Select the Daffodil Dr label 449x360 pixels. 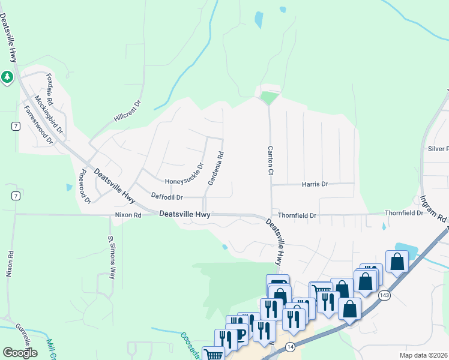pyautogui.click(x=167, y=197)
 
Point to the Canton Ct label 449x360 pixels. pyautogui.click(x=271, y=160)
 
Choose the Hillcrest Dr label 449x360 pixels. pyautogui.click(x=128, y=112)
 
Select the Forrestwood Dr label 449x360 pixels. pyautogui.click(x=38, y=125)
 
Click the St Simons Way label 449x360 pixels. pyautogui.click(x=111, y=258)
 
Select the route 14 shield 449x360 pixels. pyautogui.click(x=291, y=347)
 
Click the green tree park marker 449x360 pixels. pyautogui.click(x=7, y=77)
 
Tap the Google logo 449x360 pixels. pyautogui.click(x=20, y=353)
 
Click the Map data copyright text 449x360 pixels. pyautogui.click(x=423, y=355)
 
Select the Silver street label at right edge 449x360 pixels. pyautogui.click(x=438, y=149)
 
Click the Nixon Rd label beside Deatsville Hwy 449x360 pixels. pyautogui.click(x=128, y=215)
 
